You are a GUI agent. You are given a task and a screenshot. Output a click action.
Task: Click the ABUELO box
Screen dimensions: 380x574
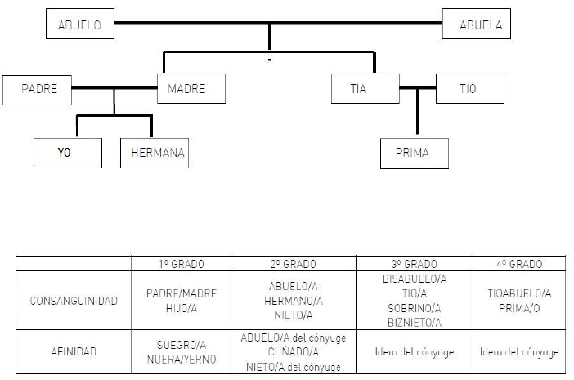(79, 25)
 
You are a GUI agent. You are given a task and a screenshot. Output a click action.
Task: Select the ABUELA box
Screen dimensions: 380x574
(477, 25)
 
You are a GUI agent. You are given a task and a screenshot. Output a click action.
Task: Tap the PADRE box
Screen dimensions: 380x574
(37, 89)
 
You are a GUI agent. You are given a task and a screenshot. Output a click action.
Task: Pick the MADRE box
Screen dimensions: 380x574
(186, 89)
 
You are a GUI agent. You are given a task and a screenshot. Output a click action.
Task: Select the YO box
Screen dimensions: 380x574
(68, 153)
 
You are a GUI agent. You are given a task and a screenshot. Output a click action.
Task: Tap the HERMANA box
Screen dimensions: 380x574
(155, 153)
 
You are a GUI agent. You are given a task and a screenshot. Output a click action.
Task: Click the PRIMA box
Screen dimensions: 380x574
(415, 153)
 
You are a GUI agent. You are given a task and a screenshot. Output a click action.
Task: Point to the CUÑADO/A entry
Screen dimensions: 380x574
(293, 353)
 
